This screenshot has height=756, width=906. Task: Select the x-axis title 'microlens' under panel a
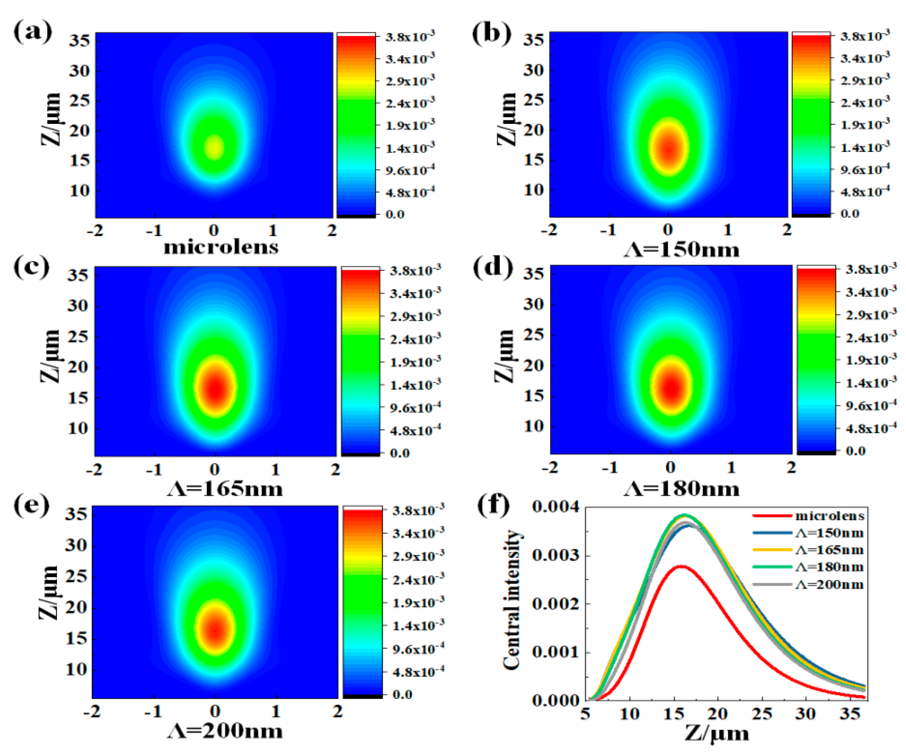221,247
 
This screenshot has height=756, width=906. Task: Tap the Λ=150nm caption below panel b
682,250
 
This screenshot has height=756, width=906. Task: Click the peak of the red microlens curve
681,566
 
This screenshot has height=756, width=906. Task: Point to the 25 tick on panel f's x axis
761,714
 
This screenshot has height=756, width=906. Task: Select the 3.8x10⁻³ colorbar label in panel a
410,37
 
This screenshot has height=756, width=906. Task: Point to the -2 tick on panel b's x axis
549,230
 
